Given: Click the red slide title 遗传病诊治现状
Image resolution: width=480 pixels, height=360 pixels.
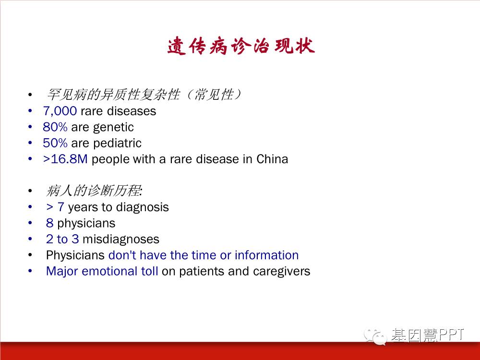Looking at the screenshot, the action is pyautogui.click(x=241, y=46).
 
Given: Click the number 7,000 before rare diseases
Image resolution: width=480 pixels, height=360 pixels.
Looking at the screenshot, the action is pyautogui.click(x=60, y=111).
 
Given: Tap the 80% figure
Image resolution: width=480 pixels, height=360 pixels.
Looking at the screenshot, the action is pyautogui.click(x=55, y=127).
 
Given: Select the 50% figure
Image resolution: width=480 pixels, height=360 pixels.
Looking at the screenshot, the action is pyautogui.click(x=55, y=143).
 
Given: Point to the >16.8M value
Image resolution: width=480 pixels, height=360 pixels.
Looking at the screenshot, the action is pyautogui.click(x=65, y=159).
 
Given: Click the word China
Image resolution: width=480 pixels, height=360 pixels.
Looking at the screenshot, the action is pyautogui.click(x=272, y=159).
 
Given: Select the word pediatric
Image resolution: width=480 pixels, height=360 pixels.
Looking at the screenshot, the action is pyautogui.click(x=117, y=143).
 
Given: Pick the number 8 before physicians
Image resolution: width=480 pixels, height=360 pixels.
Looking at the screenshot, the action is pyautogui.click(x=49, y=223).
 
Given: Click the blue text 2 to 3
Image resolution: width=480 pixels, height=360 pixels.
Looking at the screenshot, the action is pyautogui.click(x=62, y=239).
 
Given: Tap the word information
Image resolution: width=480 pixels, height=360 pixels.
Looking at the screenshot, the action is pyautogui.click(x=266, y=255).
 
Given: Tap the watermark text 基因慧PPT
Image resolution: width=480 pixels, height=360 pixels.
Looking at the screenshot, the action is pyautogui.click(x=427, y=335).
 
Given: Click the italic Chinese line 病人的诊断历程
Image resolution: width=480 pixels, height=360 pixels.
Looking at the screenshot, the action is pyautogui.click(x=94, y=191).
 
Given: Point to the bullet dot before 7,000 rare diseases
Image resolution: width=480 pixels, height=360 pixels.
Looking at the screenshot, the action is pyautogui.click(x=30, y=111).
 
